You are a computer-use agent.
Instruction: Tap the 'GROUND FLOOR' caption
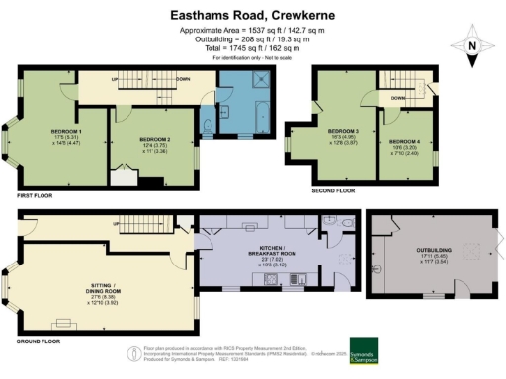[36, 341]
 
